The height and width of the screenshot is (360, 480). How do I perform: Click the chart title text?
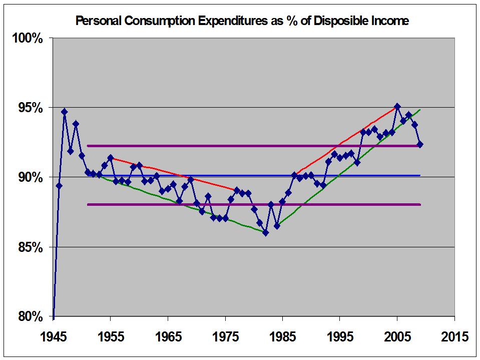tap(242, 21)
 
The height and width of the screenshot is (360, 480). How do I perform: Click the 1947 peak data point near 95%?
tap(65, 112)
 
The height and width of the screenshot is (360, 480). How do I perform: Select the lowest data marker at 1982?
tap(265, 233)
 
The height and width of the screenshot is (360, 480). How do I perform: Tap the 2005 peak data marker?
tap(397, 106)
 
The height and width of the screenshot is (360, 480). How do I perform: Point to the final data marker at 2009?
tap(420, 144)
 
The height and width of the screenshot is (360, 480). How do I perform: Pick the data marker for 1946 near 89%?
tap(59, 186)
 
